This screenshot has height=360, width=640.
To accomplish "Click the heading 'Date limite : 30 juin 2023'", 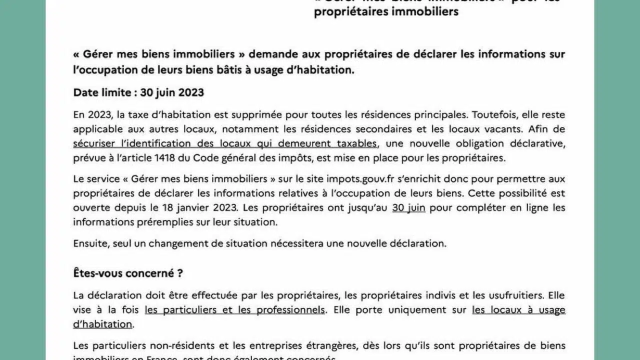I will coord(138,92).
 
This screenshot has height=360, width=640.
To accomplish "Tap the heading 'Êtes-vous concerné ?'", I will coord(128,273).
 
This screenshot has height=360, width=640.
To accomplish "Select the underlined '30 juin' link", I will coord(408,207).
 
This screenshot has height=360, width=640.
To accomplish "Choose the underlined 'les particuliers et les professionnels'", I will coord(234,310).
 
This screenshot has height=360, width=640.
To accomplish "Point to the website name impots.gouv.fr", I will coord(357,179).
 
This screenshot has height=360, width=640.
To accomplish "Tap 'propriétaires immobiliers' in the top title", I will coord(386,11).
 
